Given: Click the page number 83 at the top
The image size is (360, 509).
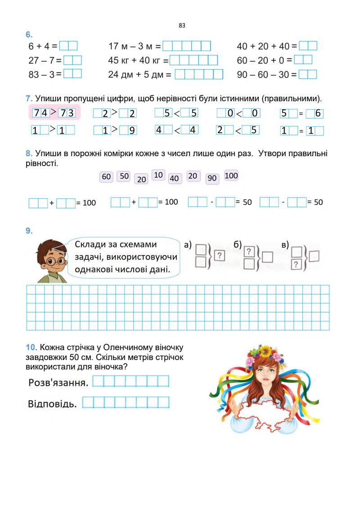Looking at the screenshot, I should tap(182, 26).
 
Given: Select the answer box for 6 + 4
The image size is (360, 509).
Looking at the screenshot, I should tap(68, 46).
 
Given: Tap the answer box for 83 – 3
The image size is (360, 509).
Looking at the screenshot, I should tap(72, 74).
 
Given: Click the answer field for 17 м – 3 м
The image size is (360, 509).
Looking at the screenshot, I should tap(186, 46).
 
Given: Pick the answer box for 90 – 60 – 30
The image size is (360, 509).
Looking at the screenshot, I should tap(308, 74).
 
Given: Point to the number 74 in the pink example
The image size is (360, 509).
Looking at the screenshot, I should tap(41, 113).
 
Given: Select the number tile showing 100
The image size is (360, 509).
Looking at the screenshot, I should tap(231, 176).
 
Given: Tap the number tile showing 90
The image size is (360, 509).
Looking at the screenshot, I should tap(212, 178).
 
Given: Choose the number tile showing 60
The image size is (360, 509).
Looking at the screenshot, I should tap(106, 177).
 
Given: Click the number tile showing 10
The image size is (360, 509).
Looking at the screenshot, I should tap(158, 175).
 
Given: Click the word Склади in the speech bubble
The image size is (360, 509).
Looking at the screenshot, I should tap(90, 244).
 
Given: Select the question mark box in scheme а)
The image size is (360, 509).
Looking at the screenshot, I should tap(219, 256).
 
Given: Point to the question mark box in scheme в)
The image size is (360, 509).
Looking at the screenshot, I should tap(296, 264).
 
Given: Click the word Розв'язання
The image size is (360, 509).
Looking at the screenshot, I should tap(58, 383).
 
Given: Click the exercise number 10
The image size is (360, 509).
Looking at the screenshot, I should tap(31, 347).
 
